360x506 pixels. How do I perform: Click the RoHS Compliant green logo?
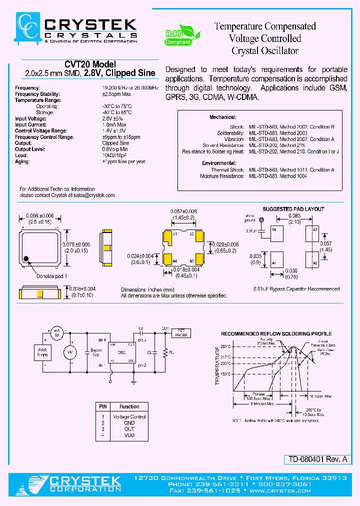(182, 36)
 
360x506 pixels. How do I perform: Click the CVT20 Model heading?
(90, 64)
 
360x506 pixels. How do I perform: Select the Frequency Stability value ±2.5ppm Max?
(116, 94)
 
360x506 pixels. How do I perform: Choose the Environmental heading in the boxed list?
(218, 163)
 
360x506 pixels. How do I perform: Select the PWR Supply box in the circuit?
(43, 352)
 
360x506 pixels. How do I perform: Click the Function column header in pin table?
(129, 406)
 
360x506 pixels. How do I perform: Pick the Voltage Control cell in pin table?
(129, 416)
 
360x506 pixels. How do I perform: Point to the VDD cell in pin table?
(129, 435)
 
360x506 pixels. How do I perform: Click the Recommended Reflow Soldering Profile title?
(276, 333)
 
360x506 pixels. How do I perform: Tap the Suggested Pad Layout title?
(293, 209)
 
